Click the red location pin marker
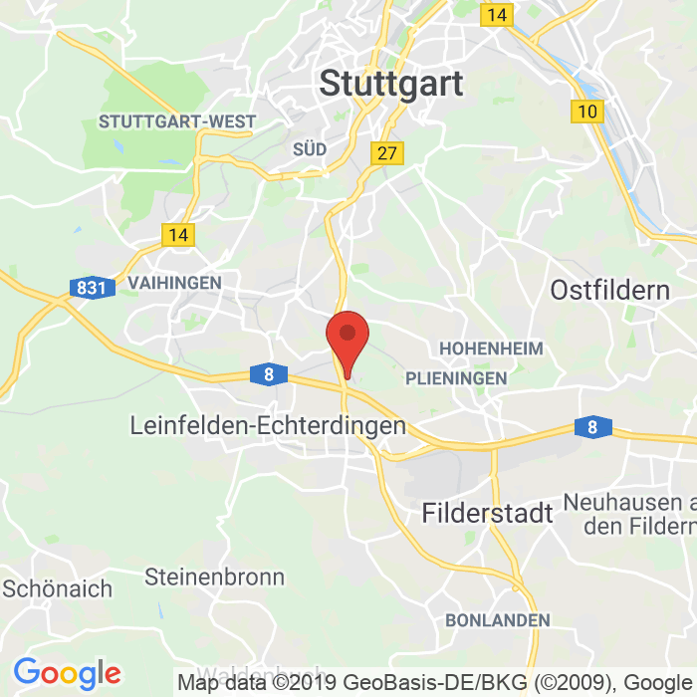coord(348,339)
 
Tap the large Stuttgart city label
coord(391,84)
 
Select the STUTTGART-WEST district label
coord(176,121)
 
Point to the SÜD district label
coord(310,148)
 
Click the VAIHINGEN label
coord(174,283)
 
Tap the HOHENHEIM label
coord(491,348)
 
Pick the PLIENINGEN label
coord(456,378)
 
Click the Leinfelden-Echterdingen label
coord(268,425)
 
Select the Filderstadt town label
coord(487,514)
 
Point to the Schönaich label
coord(58,587)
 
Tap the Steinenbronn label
coord(214,577)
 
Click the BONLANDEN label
coord(498,620)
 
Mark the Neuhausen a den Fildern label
coord(629,512)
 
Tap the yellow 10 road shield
coord(587,111)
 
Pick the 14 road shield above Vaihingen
coord(178,235)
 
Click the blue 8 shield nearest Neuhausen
coord(592,427)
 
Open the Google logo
coord(67,674)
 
